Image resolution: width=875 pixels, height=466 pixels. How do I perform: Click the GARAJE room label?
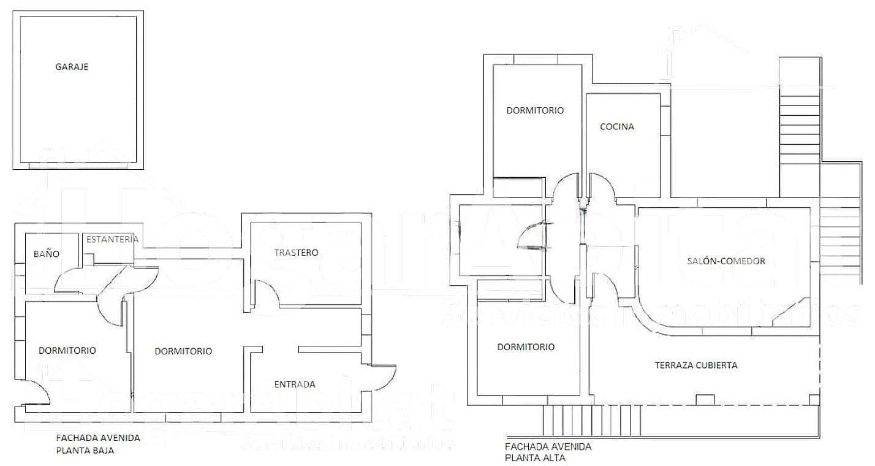tap(72, 67)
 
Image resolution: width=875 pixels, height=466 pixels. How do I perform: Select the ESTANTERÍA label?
tap(112, 239)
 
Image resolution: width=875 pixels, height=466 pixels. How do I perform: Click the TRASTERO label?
tap(296, 252)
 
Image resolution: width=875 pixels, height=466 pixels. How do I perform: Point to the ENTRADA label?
tap(294, 384)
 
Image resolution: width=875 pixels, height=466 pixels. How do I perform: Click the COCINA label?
tap(616, 127)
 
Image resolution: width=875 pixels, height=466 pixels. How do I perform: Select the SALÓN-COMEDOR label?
tap(726, 261)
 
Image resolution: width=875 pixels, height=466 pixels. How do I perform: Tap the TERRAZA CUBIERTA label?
tap(696, 365)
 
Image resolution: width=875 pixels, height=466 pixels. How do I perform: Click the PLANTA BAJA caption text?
tap(85, 449)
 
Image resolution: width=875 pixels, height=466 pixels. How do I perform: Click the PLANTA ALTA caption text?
tap(536, 457)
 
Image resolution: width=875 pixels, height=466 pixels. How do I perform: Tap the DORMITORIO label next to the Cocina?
tap(535, 110)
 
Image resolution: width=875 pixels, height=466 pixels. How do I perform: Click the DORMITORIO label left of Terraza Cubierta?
tap(526, 346)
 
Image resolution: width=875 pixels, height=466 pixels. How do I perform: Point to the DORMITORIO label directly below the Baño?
tap(67, 350)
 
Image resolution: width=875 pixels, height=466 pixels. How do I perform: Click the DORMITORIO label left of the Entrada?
tap(183, 351)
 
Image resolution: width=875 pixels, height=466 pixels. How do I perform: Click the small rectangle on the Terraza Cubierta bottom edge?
tap(705, 400)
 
